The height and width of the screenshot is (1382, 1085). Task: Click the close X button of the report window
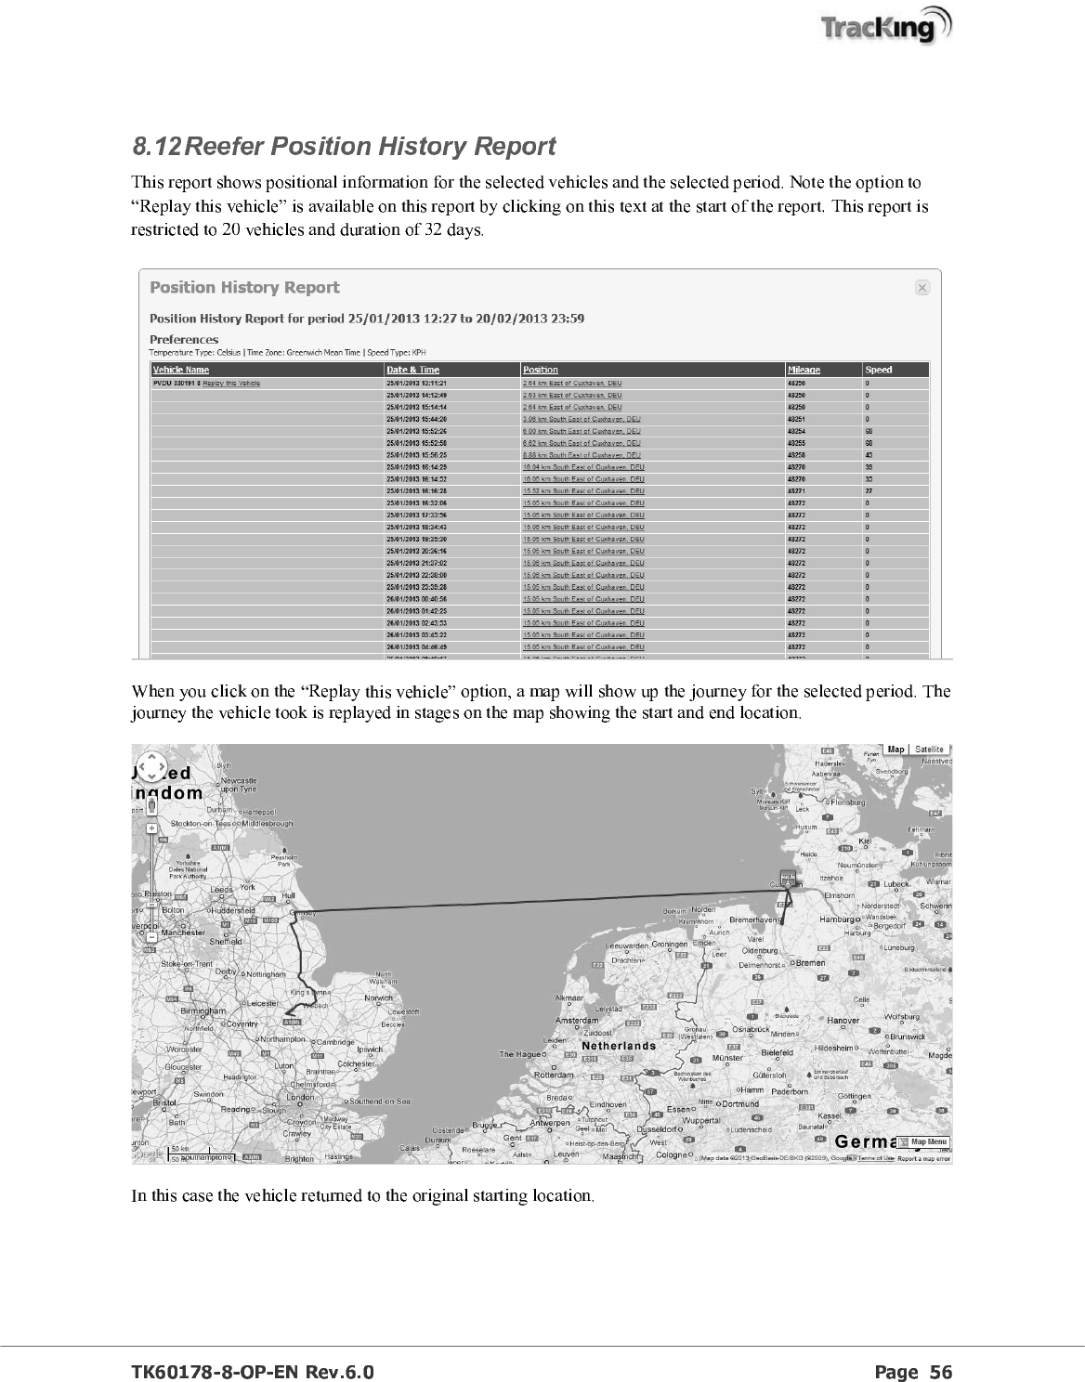tap(922, 288)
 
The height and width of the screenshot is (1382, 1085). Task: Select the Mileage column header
tap(804, 370)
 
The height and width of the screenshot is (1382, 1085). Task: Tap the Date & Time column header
tap(413, 370)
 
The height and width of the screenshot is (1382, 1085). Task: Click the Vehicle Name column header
tap(180, 370)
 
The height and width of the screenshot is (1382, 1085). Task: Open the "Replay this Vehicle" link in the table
tap(231, 383)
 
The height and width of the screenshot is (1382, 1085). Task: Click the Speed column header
tap(878, 370)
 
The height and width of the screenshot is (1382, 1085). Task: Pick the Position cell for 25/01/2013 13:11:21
tap(572, 383)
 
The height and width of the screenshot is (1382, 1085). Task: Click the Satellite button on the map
tap(929, 750)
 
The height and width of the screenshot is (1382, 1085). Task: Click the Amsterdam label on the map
tap(577, 1021)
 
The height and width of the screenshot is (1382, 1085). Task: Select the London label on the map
tap(300, 1097)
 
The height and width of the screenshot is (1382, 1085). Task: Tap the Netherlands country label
tap(619, 1047)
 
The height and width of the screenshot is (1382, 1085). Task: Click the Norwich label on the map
tap(378, 998)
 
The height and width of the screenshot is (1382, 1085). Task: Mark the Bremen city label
tap(810, 963)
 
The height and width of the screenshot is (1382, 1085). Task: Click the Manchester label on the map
tap(181, 932)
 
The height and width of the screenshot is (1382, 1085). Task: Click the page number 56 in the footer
tap(940, 1373)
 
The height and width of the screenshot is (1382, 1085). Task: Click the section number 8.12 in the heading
tap(158, 147)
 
